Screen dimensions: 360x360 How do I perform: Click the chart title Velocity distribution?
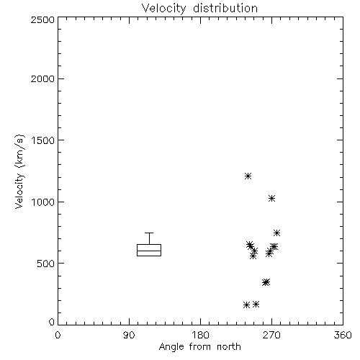199,9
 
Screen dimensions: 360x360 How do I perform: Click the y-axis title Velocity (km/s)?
19,171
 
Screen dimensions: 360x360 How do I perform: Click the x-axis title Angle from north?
200,347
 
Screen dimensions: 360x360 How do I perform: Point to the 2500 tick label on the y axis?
42,19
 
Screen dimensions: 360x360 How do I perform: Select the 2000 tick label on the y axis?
42,78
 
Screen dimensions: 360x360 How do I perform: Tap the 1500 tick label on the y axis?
43,140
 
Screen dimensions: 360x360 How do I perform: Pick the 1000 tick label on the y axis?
43,202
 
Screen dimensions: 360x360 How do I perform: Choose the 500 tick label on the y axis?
46,264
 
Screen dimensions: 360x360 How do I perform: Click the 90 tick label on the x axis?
129,335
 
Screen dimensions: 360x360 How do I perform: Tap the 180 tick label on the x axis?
200,335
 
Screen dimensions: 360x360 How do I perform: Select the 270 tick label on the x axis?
271,335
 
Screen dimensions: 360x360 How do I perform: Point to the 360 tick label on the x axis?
343,335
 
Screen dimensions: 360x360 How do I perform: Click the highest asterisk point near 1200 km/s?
248,176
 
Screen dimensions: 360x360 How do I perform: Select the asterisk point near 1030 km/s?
271,199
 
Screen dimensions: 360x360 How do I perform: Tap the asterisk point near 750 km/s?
277,233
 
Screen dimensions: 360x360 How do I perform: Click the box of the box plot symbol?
149,245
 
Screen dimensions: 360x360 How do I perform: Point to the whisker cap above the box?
149,233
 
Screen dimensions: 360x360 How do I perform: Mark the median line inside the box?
149,251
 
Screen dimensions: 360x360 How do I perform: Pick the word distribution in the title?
225,8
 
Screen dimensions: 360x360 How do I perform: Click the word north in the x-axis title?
229,346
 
